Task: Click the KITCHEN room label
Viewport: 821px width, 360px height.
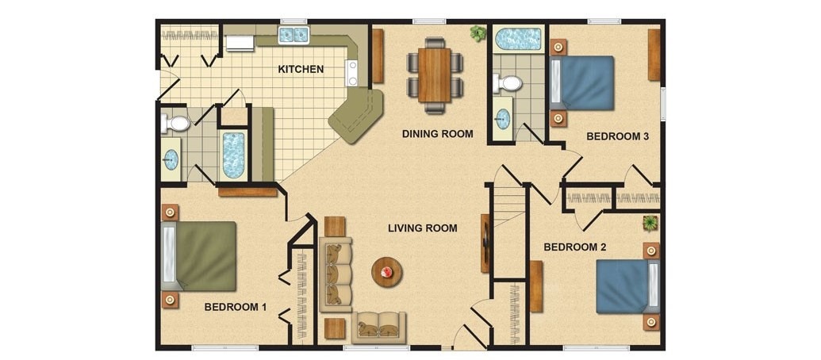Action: pos(301,69)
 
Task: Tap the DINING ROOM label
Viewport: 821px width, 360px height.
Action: pos(437,134)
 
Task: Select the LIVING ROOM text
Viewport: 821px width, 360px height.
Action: pos(423,228)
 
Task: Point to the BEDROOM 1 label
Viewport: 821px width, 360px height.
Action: pos(235,307)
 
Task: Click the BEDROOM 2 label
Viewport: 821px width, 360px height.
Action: pos(575,247)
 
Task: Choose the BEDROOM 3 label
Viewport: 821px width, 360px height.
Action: pos(618,136)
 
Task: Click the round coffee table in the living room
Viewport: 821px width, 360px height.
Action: pos(387,272)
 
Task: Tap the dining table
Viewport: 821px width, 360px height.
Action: pos(435,75)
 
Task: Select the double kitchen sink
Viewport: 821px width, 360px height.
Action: pos(293,35)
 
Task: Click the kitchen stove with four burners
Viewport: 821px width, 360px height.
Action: pos(351,73)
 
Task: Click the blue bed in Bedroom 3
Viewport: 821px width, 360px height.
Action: pos(581,82)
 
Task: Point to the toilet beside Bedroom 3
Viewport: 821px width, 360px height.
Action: pos(507,82)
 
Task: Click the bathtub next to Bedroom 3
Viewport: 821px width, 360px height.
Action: pos(518,39)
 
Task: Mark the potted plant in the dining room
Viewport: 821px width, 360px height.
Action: pos(478,33)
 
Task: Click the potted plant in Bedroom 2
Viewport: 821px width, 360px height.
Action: pos(650,223)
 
